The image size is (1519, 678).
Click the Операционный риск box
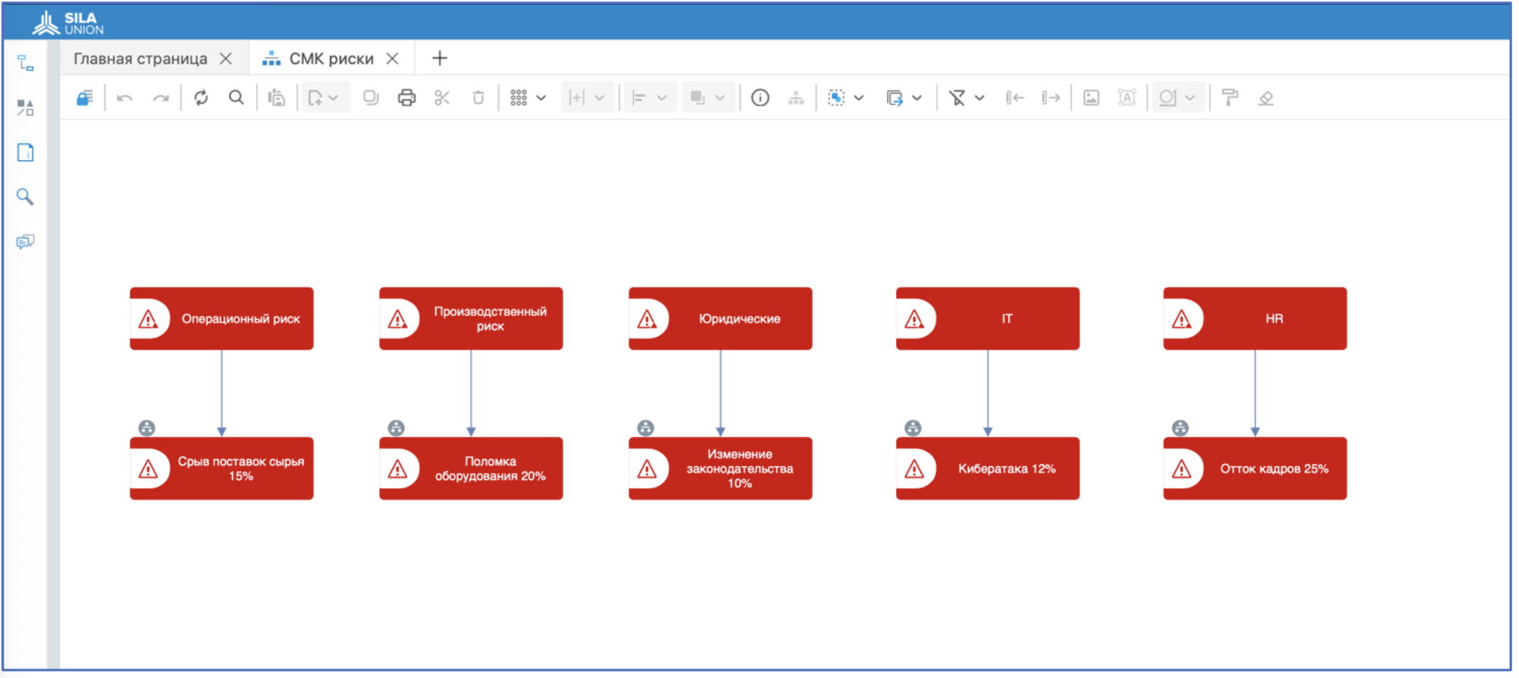tap(222, 319)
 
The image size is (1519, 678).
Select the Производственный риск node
tap(471, 319)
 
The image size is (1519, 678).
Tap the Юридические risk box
tap(721, 319)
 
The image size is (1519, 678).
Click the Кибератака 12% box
tap(987, 469)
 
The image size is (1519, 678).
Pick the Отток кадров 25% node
tap(1255, 469)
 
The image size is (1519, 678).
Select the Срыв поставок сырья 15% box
tap(222, 469)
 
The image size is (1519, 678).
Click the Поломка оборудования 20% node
tap(471, 469)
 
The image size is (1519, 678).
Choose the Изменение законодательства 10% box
tap(721, 469)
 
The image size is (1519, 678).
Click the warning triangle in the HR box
tap(1181, 319)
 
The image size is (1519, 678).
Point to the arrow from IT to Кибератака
tap(987, 394)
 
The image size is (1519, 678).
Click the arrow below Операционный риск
tap(222, 394)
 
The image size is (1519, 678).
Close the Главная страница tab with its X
tap(226, 58)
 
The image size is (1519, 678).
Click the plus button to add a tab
tap(439, 58)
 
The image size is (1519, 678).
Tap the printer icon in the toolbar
tap(406, 98)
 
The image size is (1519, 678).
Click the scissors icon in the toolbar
tap(442, 98)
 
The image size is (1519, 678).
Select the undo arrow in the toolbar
tap(124, 98)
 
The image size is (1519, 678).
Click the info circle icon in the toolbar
tap(760, 98)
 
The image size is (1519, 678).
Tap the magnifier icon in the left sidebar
tap(25, 196)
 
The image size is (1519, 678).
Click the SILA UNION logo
tap(68, 23)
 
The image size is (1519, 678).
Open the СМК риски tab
tap(331, 58)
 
